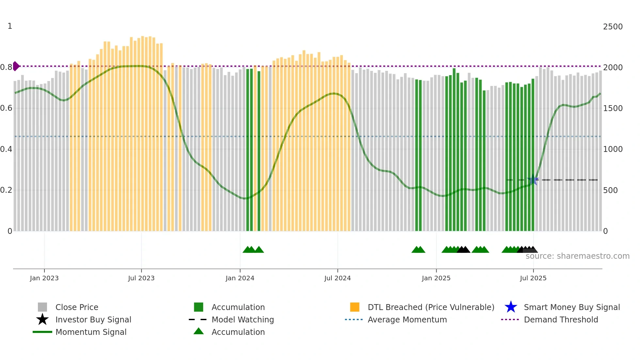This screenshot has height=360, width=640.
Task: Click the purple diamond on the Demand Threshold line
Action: coord(16,66)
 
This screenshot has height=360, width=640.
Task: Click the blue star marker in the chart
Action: coord(533,180)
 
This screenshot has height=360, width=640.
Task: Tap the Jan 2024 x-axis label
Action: coord(240,278)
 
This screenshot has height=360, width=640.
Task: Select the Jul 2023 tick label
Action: coord(141,278)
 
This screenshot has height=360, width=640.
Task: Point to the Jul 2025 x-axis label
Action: coord(533,278)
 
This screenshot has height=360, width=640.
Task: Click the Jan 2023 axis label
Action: coord(44,278)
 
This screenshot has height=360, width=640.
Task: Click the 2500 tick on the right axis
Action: coord(613,27)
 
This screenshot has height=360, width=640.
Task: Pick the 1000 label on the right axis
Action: coord(613,149)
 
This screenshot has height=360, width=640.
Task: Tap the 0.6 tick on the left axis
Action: coord(6,108)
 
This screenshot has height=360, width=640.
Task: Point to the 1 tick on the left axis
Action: coord(10,26)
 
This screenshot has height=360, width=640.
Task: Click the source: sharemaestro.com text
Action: coord(577,256)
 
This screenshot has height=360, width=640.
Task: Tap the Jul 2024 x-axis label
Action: coord(337,278)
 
